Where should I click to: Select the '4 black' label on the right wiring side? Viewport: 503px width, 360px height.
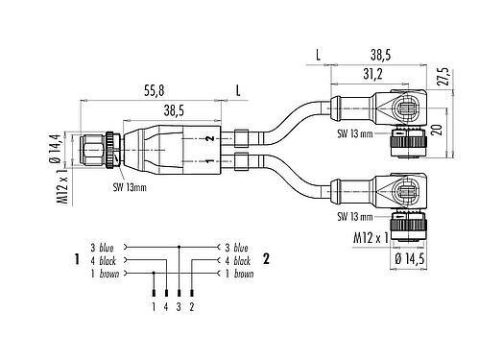tap(237, 260)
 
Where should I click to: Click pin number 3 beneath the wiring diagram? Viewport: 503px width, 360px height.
tap(180, 306)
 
